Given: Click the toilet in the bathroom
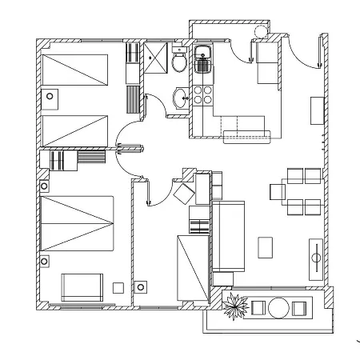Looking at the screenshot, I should (179, 62).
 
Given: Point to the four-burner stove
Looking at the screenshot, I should (202, 94).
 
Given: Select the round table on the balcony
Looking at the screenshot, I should (280, 307).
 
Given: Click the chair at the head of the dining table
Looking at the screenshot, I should (278, 191).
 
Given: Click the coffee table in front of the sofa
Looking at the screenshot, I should (265, 247).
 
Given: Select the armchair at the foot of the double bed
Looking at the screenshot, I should (82, 286).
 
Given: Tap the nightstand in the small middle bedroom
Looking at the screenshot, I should (142, 286).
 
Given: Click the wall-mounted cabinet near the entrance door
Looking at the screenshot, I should (318, 108).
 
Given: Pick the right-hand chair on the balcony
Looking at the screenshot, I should (300, 307).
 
